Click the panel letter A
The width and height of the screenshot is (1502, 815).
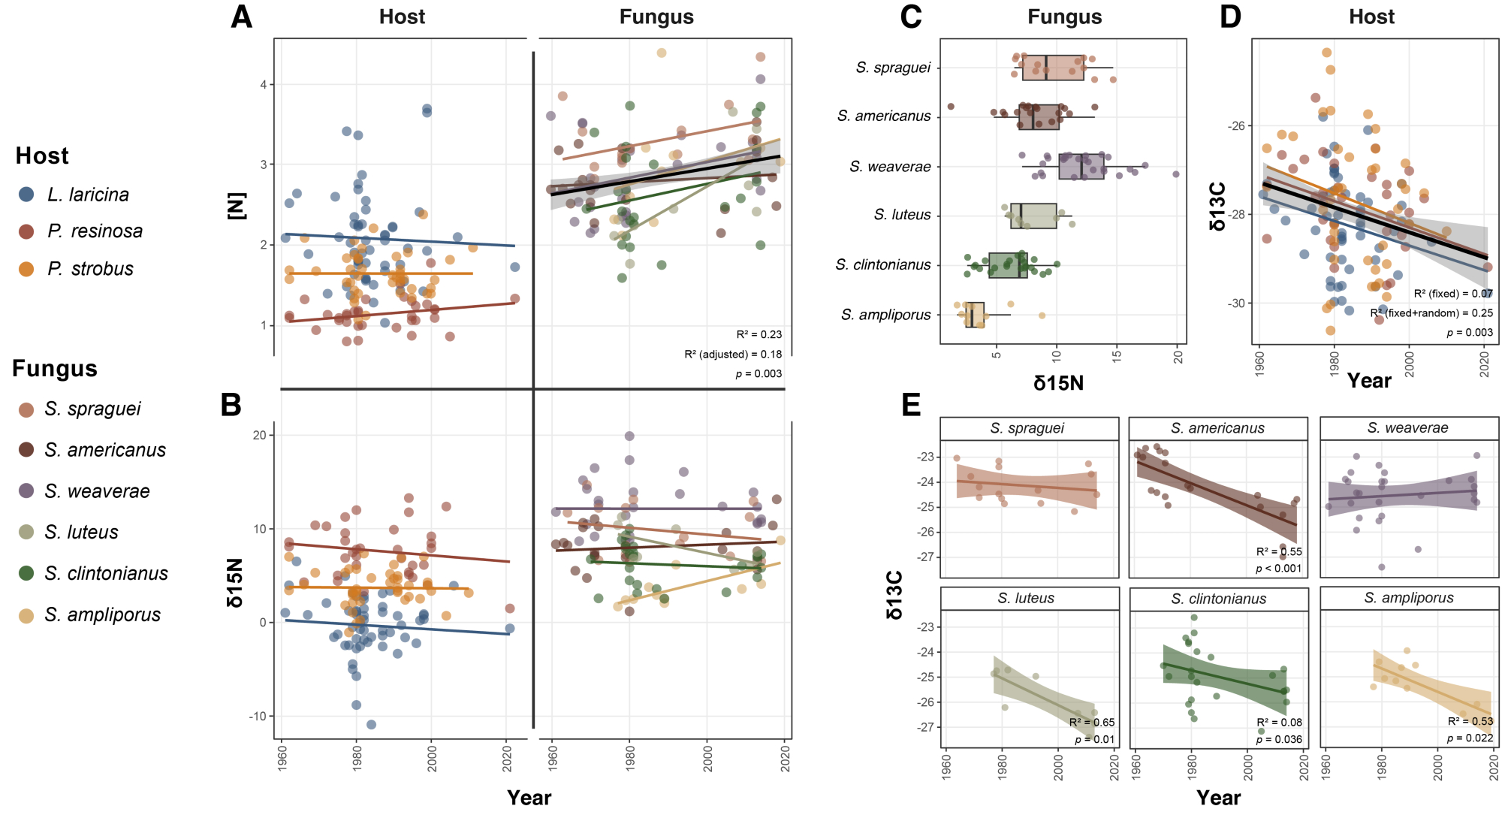pos(241,17)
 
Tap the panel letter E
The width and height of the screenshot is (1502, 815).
pos(911,405)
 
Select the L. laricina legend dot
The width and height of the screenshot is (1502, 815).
pos(26,195)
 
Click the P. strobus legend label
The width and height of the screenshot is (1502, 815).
pos(90,269)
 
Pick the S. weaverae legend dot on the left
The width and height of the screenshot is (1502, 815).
pos(26,491)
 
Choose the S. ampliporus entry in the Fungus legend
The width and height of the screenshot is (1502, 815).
pos(102,615)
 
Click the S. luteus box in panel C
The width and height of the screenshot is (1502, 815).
pos(1033,216)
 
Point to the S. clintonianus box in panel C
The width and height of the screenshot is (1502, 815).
pos(1008,265)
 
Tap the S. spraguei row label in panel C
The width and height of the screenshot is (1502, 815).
pos(893,68)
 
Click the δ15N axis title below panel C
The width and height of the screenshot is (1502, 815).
pos(1058,383)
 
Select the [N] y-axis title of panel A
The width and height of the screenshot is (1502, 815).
pos(237,206)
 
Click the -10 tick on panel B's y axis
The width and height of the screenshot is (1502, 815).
pos(258,717)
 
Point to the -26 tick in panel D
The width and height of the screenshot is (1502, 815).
pos(1235,125)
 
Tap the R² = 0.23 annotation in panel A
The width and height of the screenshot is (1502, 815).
pos(759,335)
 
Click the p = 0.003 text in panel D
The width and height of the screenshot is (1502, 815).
pos(1470,333)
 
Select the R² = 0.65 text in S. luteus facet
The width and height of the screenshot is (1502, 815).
pos(1092,723)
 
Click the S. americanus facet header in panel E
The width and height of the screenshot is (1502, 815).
pos(1217,428)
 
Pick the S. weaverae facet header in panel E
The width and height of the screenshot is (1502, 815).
pos(1407,428)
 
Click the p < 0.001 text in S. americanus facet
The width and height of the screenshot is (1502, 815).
pos(1278,569)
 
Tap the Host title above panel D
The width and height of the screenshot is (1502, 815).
pos(1371,17)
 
